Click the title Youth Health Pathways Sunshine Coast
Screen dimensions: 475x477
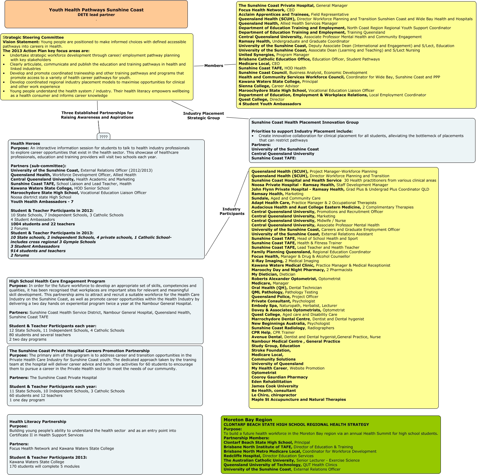pos(96,10)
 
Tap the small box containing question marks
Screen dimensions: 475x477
pos(104,137)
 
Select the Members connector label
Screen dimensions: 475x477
pos(214,66)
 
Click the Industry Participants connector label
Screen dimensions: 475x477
pos(232,211)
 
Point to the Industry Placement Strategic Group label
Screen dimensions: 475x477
pos(203,116)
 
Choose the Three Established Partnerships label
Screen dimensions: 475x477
pos(97,115)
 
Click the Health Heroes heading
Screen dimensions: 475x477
pos(25,144)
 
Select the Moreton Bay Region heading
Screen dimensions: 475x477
pos(248,420)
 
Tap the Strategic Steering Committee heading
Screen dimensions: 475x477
pos(33,37)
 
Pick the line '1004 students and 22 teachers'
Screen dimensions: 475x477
pos(43,224)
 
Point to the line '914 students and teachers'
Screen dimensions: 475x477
pos(38,251)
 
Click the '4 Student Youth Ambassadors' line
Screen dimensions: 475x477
pos(270,104)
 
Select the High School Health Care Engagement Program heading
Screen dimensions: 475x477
pos(57,281)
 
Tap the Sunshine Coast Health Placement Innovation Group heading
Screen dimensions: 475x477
pos(305,122)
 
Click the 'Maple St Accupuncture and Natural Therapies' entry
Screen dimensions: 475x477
pos(298,400)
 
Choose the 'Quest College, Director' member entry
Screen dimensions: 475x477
pos(261,99)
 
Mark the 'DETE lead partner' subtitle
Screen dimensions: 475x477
pos(96,15)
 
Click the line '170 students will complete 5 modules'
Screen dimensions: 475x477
pos(44,466)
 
